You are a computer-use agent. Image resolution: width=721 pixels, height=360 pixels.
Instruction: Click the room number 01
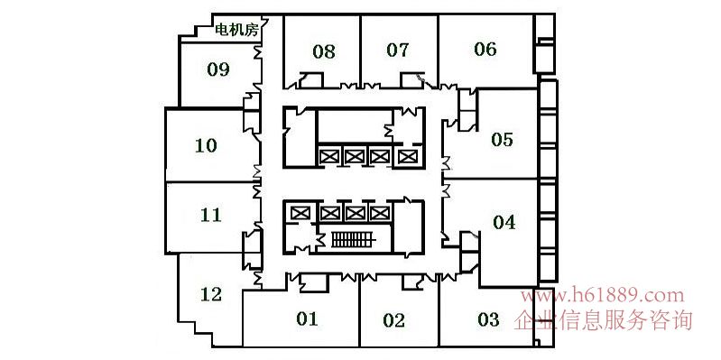pos(307,318)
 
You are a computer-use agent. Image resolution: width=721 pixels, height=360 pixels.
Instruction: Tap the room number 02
pos(394,320)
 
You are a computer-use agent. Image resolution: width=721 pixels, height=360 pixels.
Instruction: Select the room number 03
pos(488,319)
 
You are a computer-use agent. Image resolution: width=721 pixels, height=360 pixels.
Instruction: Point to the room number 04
pos(504,223)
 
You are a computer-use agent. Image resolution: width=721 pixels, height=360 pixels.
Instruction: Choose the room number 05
pos(502,139)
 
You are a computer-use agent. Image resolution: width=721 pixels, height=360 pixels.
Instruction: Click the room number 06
pos(485,50)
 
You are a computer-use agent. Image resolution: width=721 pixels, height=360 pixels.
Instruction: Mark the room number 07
pos(398,51)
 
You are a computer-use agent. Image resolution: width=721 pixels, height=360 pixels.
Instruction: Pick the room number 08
pos(324,51)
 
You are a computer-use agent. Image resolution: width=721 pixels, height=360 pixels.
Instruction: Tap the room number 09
pos(218,69)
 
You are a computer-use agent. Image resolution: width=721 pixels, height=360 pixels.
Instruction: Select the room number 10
pos(206,146)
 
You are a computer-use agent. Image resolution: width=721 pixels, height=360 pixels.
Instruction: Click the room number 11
pos(211,215)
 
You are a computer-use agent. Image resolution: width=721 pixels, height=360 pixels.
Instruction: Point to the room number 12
pos(211,294)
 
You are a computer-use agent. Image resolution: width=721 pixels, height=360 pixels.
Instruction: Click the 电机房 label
pos(236,31)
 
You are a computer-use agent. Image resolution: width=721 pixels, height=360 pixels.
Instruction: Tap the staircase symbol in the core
pos(354,239)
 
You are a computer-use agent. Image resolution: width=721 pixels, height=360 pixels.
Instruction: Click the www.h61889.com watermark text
pos(603,295)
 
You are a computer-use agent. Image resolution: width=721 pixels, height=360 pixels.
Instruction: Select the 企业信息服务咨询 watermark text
pos(603,319)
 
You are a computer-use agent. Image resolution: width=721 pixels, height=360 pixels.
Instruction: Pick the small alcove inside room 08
pos(310,80)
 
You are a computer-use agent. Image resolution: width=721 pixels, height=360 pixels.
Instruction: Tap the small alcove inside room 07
pos(412,80)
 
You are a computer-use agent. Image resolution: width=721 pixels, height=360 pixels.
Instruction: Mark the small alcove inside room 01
pos(314,282)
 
